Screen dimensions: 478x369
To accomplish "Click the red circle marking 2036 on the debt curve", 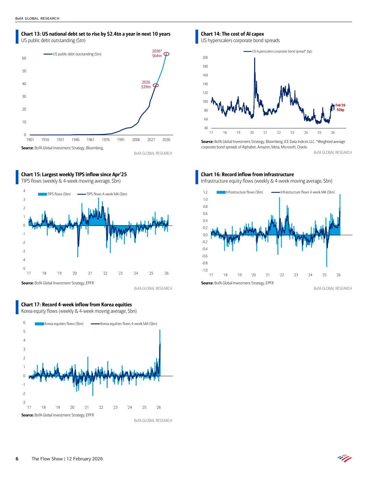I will click(167, 54).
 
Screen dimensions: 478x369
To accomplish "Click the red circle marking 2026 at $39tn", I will click(156, 85).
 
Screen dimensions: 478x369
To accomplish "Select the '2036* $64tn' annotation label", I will click(157, 53).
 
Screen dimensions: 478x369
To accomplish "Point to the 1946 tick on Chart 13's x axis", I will click(76, 140).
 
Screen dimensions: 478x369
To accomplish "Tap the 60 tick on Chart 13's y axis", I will click(24, 58).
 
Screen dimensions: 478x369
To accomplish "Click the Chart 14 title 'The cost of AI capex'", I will click(232, 34).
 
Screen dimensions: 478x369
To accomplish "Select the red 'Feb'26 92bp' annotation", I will click(340, 107).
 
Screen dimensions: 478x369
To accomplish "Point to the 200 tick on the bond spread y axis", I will click(205, 57).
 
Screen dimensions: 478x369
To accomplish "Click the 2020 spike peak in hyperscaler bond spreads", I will click(255, 58).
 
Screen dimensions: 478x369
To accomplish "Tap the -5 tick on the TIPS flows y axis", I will click(24, 268).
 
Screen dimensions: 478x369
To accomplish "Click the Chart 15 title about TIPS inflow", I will click(74, 174).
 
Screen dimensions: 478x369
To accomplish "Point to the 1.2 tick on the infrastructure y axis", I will click(205, 192).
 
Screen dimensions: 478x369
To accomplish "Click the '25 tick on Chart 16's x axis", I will click(324, 275).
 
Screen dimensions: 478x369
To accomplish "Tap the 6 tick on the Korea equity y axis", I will click(24, 322).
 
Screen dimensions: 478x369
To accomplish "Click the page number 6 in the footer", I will click(17, 459).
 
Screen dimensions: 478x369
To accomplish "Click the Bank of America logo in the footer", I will click(344, 458).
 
